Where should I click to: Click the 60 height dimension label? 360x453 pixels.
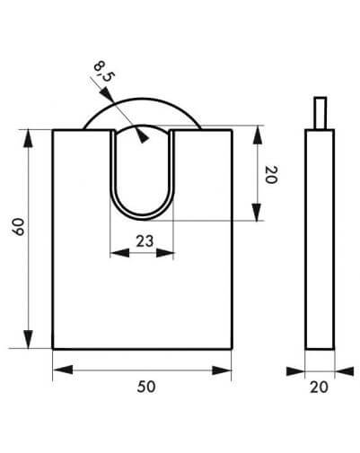tap(20, 227)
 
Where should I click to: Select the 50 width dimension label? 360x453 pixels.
tap(146, 387)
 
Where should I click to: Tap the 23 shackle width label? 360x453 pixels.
tap(145, 241)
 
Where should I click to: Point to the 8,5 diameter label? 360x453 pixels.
tap(103, 71)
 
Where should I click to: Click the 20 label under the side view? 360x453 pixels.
tap(319, 388)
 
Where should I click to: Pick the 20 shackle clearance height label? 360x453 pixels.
tap(272, 175)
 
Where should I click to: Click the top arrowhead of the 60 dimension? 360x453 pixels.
tap(28, 138)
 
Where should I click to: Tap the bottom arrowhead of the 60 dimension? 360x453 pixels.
tap(28, 340)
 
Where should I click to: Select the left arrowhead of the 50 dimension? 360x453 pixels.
tap(63, 370)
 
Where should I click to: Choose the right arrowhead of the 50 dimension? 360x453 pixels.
tap(222, 370)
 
